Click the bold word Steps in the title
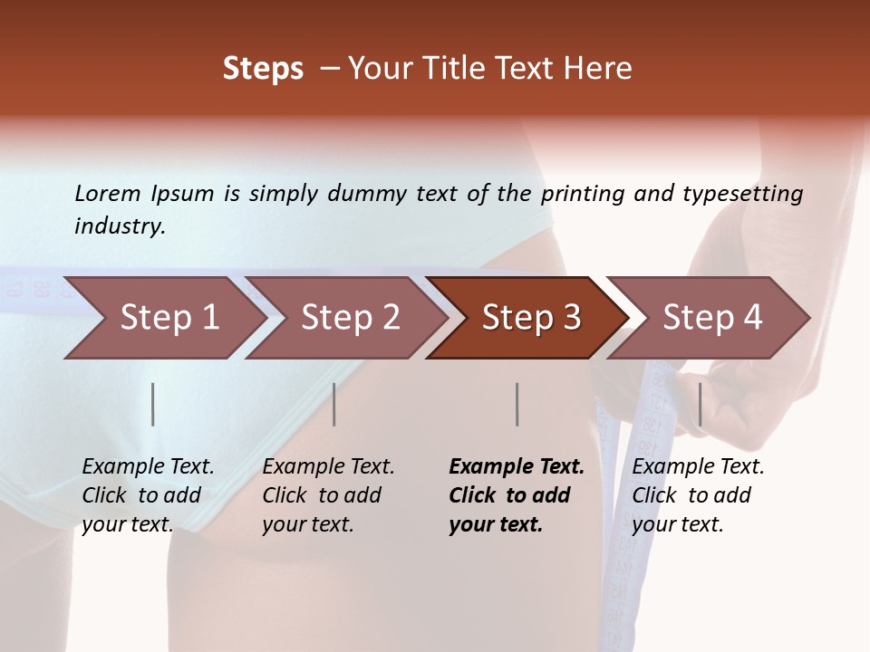coord(263,69)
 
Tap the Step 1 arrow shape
coord(169,318)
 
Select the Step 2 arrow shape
coord(350,318)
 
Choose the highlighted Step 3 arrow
coord(531,318)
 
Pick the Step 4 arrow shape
coord(712,318)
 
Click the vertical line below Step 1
coord(153,404)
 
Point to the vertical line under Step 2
coord(334,404)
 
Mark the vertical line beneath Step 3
coord(517,404)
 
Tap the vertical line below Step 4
coord(700,404)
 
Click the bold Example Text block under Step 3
coord(517,495)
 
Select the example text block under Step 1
coord(148,495)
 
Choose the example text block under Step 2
coord(328,495)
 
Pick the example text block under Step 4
coord(698,495)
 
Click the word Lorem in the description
coord(108,193)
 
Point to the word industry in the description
coord(120,226)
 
